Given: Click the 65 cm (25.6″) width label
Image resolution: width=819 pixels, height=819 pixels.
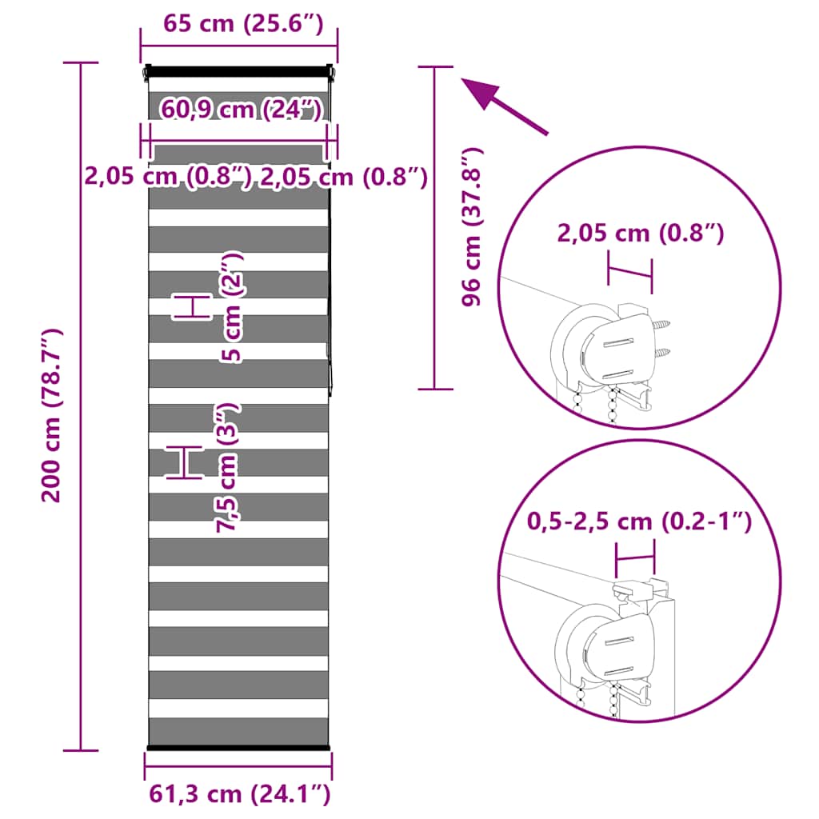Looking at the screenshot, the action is tap(243, 23).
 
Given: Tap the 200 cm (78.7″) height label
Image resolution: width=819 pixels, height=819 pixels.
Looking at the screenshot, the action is tap(52, 415).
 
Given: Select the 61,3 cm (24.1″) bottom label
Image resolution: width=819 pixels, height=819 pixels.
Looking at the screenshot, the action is tap(240, 794).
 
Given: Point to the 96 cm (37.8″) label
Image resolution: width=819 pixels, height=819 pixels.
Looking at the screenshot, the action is tap(473, 226).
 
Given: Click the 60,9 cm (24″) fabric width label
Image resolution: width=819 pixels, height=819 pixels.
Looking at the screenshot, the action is tap(241, 109).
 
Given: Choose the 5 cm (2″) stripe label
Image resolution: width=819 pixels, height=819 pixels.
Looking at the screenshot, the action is tap(231, 307).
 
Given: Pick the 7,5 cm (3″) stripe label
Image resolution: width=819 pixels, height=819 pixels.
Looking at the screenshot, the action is tap(228, 468).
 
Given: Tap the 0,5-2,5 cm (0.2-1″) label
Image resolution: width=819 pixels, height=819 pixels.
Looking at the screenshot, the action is tap(639, 521).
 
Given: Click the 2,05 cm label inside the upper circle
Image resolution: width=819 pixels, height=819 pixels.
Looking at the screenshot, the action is tap(641, 233).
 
